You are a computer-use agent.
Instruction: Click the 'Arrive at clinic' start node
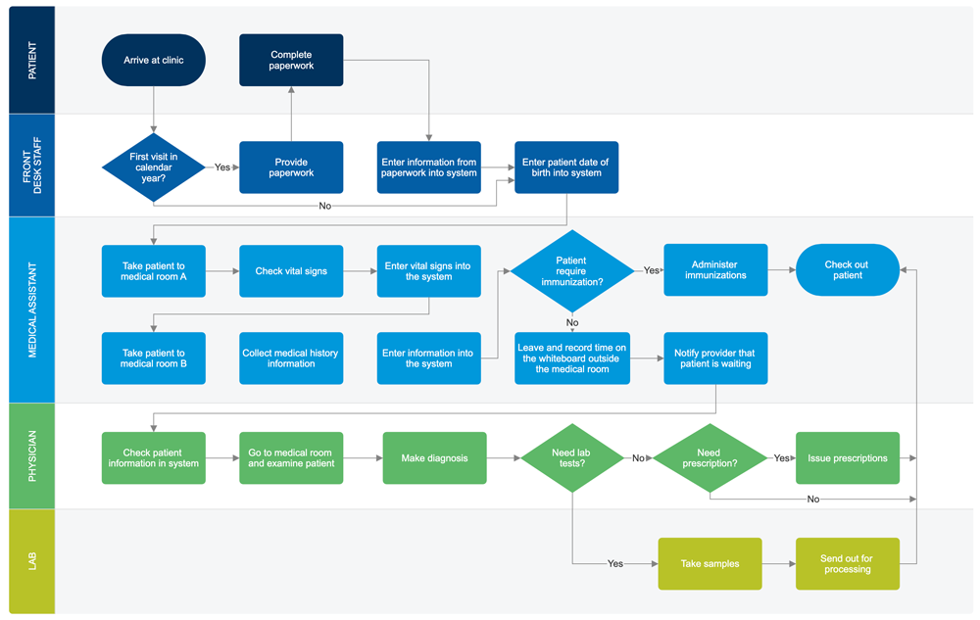point(154,60)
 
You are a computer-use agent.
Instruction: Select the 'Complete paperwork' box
point(291,60)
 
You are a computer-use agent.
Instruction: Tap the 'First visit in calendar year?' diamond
point(154,167)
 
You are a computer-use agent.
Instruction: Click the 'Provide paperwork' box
point(291,167)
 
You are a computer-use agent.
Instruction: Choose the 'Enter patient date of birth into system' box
point(566,167)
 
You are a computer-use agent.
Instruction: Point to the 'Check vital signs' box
point(291,270)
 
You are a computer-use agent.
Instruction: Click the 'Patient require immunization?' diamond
point(571,270)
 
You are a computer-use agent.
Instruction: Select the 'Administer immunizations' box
point(715,270)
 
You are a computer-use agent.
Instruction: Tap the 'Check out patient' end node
point(847,270)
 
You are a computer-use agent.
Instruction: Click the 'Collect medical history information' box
point(291,358)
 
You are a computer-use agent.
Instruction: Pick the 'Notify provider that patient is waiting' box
point(715,358)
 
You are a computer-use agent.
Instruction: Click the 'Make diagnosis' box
point(434,457)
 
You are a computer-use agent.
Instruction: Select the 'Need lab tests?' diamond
point(571,457)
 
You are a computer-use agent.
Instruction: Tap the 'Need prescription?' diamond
point(709,457)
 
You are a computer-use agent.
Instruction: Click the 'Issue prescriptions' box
point(847,457)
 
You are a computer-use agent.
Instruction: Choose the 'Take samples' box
point(709,563)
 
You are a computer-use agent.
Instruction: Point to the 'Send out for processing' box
point(847,563)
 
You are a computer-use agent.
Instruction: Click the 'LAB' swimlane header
point(31,561)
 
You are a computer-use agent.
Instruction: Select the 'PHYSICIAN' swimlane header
point(31,455)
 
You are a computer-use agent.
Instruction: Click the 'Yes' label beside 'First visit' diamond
point(222,167)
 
